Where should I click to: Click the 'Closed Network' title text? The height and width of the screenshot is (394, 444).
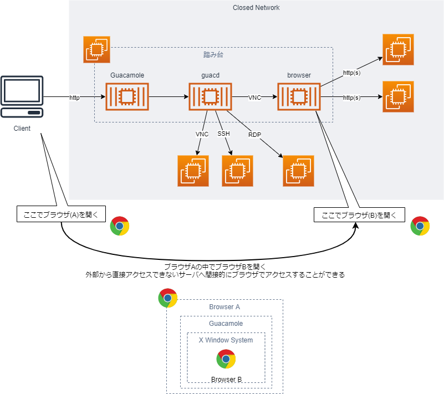(x=256, y=8)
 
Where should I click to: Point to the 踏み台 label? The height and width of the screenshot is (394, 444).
(x=213, y=55)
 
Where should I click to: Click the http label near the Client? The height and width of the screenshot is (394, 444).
(x=74, y=98)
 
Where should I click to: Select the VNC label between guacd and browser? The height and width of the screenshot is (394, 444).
(x=255, y=98)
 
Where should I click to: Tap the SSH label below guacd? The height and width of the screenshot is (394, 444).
(x=224, y=134)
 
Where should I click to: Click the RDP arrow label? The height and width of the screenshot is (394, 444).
(x=254, y=134)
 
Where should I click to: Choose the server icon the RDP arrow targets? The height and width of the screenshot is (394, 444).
(x=299, y=171)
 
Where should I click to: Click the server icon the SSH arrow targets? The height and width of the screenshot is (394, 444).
(x=238, y=171)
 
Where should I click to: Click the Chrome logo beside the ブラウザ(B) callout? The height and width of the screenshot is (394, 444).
(x=420, y=226)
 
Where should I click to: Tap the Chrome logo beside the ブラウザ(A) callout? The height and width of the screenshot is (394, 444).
(x=120, y=226)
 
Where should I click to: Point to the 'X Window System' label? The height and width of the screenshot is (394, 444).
(x=226, y=340)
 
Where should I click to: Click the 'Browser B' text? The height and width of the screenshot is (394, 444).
(x=226, y=380)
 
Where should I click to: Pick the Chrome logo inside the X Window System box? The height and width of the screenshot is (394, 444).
(x=226, y=360)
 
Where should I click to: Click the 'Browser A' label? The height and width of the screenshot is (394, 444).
(x=224, y=307)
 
